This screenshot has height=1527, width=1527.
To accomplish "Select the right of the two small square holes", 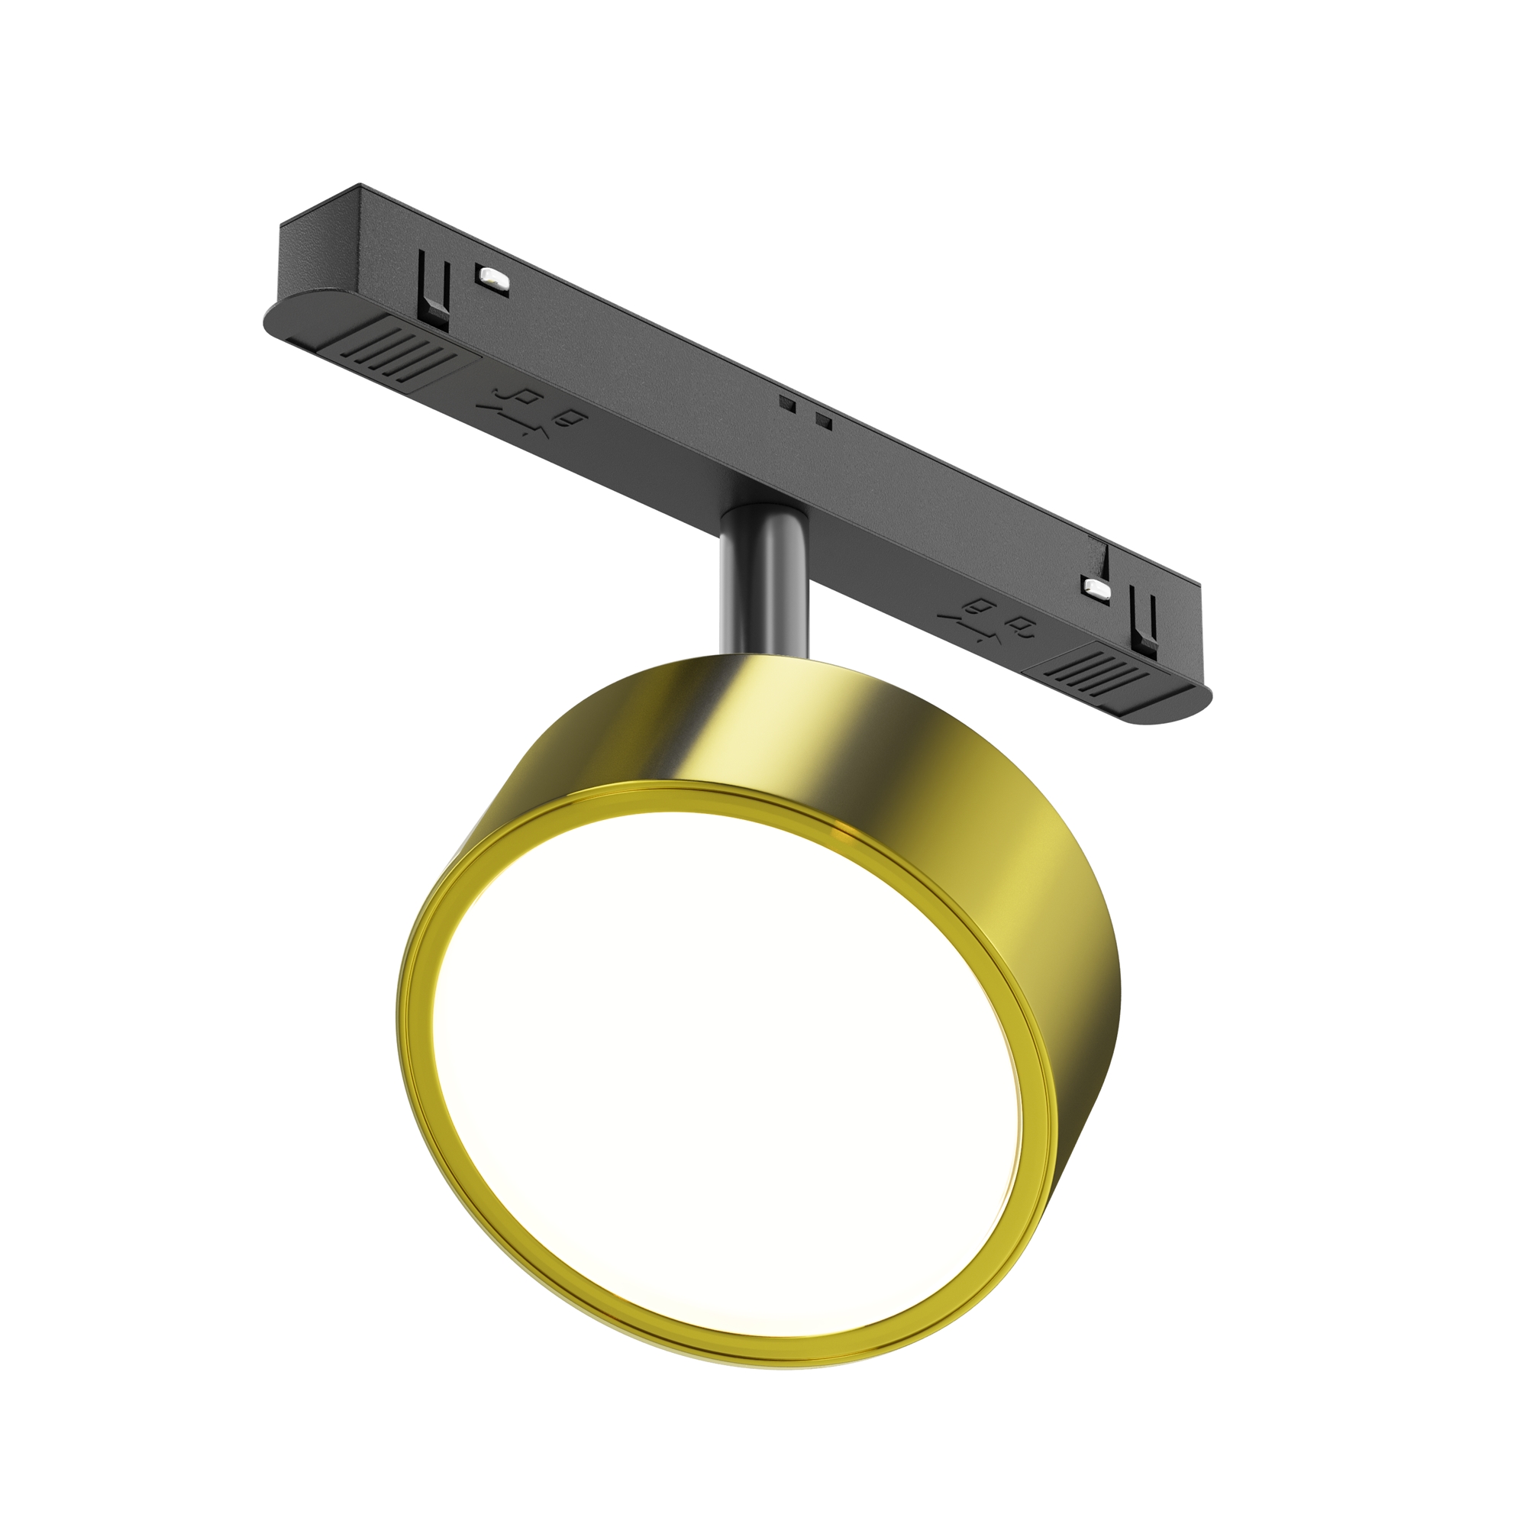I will click(824, 421).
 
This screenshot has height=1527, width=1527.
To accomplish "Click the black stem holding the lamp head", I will click(763, 577).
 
